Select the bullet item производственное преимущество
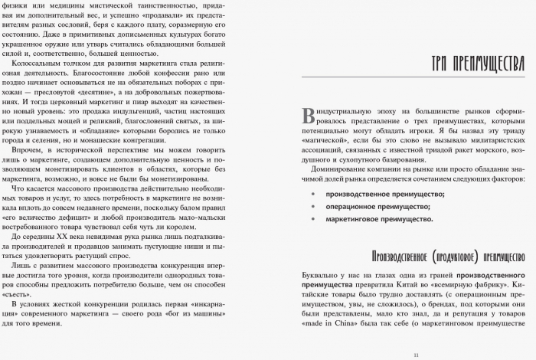(374, 195)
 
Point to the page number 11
(417, 354)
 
